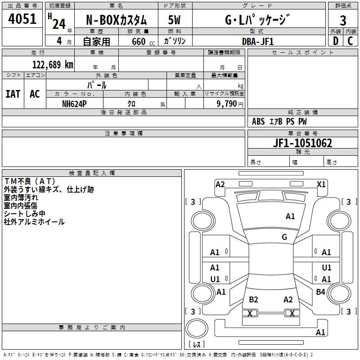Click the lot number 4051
tap(22, 19)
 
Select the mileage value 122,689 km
tap(53, 65)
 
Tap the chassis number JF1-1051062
tap(302, 143)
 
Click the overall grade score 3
tap(343, 21)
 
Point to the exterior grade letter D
tap(336, 41)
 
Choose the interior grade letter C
tap(350, 41)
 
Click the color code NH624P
tap(74, 104)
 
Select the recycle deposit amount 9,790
tap(227, 104)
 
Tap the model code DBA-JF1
tap(258, 41)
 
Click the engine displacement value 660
tap(139, 41)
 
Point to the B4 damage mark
tap(320, 292)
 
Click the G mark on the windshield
tap(284, 237)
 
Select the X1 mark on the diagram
tap(321, 184)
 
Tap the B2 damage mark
tap(253, 299)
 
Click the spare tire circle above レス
tap(197, 328)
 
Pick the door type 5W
tap(174, 20)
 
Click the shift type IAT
tap(13, 94)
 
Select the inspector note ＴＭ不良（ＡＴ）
tap(30, 181)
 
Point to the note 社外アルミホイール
tap(34, 222)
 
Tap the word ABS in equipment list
tap(258, 121)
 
